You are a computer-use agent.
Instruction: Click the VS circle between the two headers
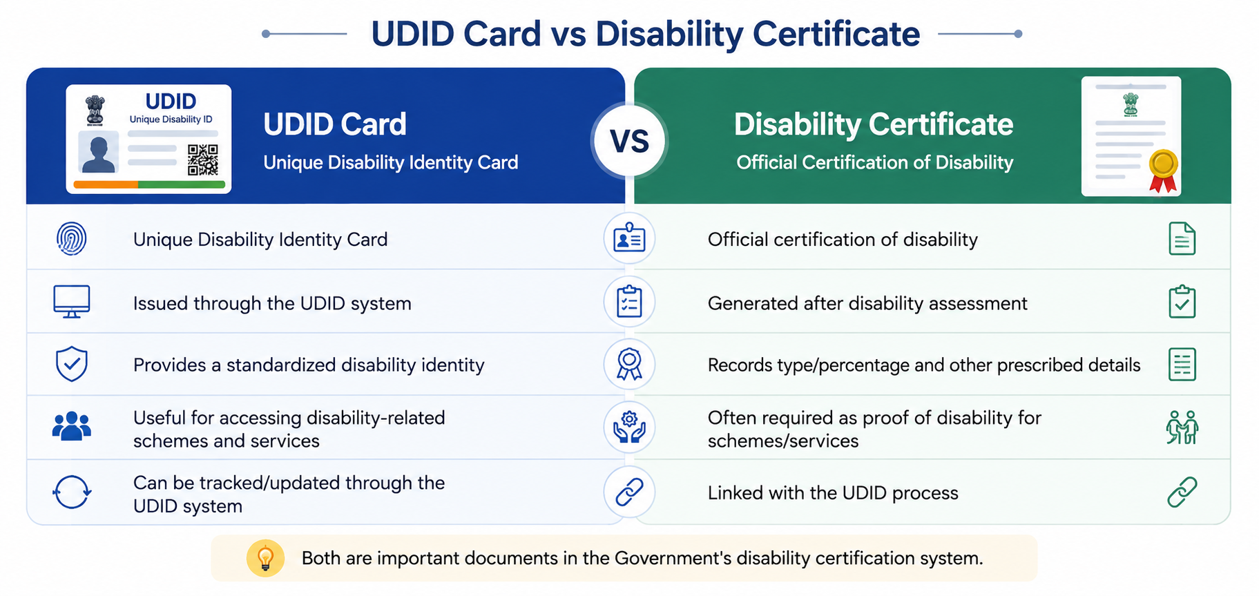629,141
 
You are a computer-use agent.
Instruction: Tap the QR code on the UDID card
203,160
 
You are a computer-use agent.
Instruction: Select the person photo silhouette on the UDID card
98,153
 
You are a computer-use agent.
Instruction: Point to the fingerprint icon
72,239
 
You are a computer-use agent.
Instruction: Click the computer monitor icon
72,302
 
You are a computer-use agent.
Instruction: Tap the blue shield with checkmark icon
72,364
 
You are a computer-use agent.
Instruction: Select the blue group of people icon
72,426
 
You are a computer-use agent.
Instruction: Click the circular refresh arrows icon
72,492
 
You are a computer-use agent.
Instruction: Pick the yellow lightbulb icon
265,558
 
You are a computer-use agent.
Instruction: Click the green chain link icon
1182,492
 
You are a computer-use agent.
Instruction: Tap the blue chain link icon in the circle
629,492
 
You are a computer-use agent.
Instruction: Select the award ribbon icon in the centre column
629,364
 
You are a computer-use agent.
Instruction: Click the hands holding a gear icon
629,427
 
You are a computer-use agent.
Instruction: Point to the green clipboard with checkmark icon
1182,302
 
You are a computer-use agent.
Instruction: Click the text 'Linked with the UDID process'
833,493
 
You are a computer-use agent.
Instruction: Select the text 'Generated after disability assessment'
867,304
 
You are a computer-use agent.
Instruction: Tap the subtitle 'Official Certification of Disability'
874,162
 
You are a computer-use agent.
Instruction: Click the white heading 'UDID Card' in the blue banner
335,124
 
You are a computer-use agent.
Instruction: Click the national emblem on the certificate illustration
1131,104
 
